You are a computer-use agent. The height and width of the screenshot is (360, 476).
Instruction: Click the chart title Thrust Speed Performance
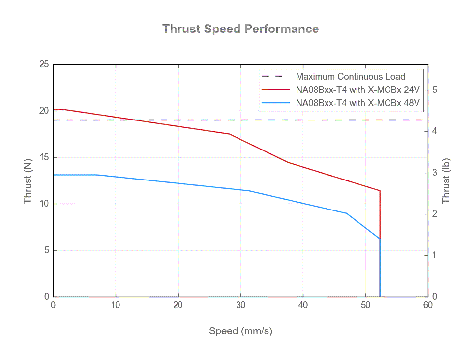[240, 29]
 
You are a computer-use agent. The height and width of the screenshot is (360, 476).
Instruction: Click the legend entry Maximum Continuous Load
[350, 77]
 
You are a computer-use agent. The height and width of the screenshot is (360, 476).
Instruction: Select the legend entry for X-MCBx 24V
[357, 90]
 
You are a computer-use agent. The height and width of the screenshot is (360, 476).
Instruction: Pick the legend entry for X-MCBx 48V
[357, 103]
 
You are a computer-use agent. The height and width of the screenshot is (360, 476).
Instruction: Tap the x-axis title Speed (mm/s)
[240, 331]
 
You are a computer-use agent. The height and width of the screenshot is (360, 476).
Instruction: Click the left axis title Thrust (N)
[28, 180]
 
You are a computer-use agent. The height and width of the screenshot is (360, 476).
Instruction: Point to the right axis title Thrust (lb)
[446, 180]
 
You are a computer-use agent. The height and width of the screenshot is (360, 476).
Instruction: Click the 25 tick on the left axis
[44, 64]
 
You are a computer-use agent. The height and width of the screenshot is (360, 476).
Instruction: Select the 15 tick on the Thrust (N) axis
[44, 157]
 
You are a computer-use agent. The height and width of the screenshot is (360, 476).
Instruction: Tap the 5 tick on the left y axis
[46, 250]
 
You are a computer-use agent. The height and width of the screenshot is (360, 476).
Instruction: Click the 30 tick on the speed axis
[240, 305]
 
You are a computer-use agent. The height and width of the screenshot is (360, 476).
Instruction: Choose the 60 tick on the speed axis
[428, 305]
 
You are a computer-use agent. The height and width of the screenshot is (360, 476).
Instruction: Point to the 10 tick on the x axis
[116, 305]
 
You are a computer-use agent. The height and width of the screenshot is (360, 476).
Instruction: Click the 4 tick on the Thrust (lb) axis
[434, 131]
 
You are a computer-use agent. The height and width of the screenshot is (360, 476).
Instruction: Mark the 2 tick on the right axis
[434, 214]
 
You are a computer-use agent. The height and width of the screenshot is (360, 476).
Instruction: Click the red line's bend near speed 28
[229, 134]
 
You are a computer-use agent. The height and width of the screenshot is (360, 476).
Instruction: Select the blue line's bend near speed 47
[346, 213]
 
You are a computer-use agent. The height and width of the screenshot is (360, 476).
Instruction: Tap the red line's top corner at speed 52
[380, 191]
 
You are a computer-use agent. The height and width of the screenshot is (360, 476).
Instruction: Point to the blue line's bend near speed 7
[97, 175]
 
